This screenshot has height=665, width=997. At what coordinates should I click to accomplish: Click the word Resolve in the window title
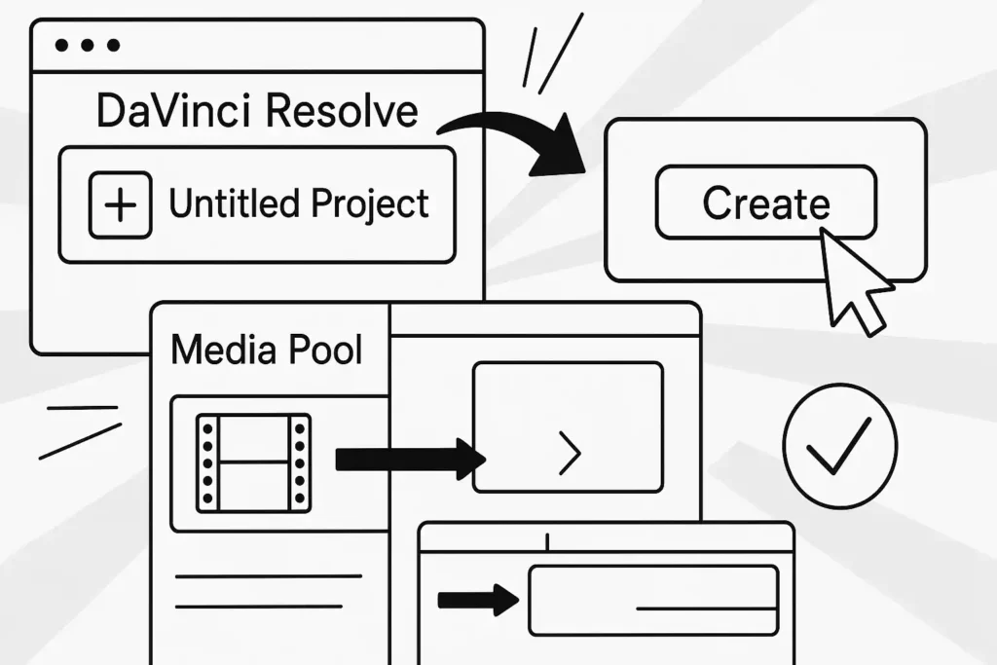[x=342, y=112]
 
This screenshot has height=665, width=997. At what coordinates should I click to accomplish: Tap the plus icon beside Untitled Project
[x=121, y=204]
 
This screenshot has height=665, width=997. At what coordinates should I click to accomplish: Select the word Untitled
[x=234, y=203]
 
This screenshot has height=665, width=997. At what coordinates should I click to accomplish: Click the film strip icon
[x=253, y=462]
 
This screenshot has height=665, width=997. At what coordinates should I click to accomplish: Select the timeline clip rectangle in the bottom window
[x=652, y=600]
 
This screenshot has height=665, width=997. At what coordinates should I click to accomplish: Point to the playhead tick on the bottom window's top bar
[x=547, y=539]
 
